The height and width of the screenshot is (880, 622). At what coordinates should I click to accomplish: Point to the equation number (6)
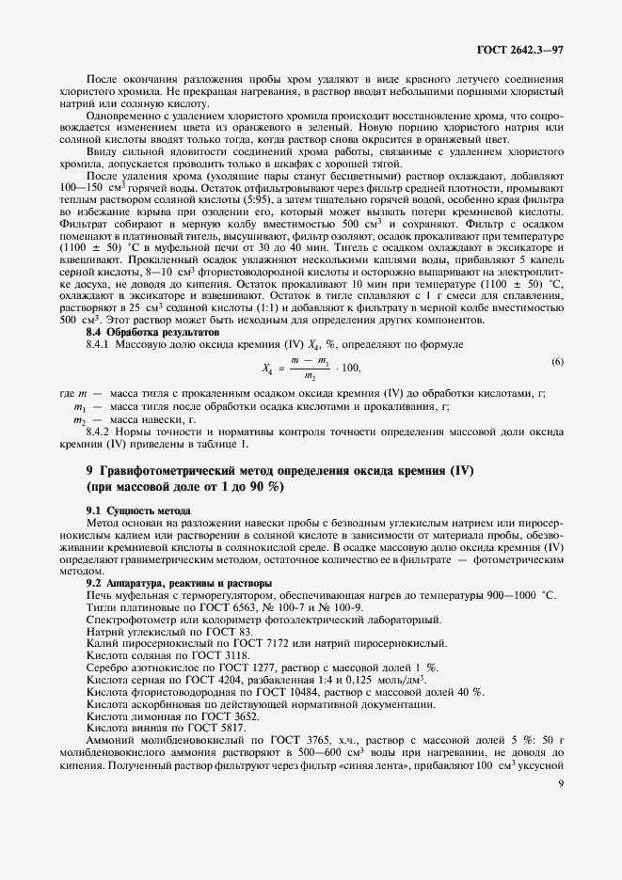click(x=557, y=336)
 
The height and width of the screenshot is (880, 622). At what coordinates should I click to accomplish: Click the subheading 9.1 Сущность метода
click(x=131, y=509)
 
